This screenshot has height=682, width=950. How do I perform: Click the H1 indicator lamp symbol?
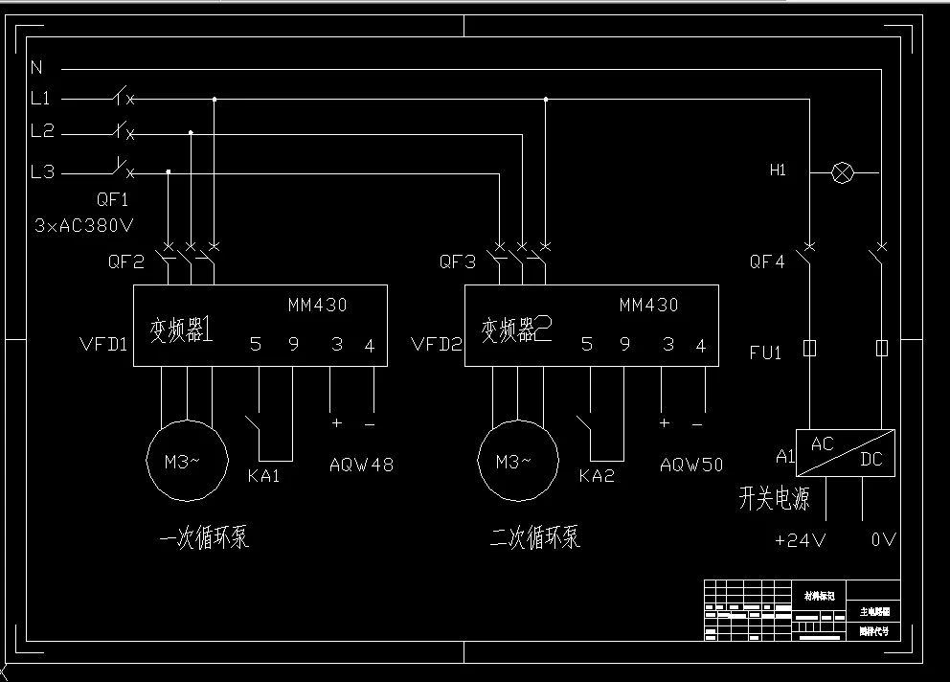(x=842, y=172)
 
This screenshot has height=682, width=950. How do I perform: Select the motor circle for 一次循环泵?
(x=187, y=461)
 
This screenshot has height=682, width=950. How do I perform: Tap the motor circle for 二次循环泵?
(x=518, y=461)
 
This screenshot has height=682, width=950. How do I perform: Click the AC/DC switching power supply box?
(x=846, y=453)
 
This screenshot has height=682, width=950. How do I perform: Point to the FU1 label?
(x=766, y=352)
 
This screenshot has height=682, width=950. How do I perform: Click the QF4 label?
(x=767, y=261)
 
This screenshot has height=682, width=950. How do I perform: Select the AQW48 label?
(x=361, y=466)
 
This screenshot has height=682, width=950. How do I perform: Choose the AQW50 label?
(x=691, y=466)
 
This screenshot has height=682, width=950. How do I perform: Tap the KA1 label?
(x=263, y=476)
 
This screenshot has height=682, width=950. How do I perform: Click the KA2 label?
(x=597, y=476)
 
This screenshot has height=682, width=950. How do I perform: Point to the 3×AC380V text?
(x=84, y=226)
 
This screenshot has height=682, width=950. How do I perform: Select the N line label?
(x=36, y=67)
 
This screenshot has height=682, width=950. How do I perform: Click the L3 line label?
(x=43, y=172)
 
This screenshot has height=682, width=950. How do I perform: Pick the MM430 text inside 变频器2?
(x=648, y=306)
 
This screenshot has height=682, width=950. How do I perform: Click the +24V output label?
(x=800, y=540)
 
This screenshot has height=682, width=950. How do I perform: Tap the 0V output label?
(x=883, y=540)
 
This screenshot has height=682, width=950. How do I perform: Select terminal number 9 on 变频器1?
(x=294, y=345)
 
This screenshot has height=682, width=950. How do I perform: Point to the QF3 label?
(x=458, y=261)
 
